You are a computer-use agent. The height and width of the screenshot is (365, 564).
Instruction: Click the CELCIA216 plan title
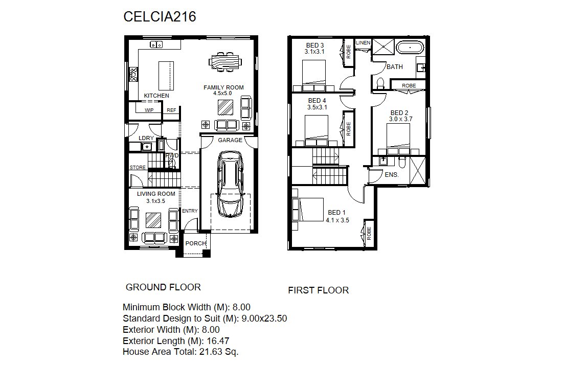click(x=160, y=17)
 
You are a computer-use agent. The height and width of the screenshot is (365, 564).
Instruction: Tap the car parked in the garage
click(x=230, y=184)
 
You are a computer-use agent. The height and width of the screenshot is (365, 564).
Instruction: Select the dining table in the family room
click(x=225, y=61)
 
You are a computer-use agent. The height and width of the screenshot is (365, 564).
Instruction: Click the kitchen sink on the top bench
click(x=156, y=44)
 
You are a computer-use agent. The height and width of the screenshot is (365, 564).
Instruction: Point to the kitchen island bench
click(x=166, y=76)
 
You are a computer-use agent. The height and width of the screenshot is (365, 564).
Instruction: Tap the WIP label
click(x=149, y=110)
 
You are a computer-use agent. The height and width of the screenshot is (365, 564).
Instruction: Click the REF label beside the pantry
click(x=171, y=110)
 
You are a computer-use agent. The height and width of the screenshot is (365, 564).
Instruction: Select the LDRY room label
click(x=146, y=138)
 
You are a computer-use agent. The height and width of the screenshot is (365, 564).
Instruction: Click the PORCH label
click(x=196, y=243)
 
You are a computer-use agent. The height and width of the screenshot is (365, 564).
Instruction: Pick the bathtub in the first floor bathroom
click(x=410, y=48)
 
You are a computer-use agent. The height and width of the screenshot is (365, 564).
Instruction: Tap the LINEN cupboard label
click(x=363, y=43)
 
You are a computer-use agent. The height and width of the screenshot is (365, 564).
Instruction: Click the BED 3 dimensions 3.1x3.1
click(x=314, y=52)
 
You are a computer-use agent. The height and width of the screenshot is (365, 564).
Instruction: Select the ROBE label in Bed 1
click(x=369, y=234)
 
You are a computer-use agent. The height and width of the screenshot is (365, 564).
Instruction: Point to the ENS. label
click(x=392, y=175)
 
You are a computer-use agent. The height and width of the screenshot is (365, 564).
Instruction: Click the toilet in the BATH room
click(x=380, y=83)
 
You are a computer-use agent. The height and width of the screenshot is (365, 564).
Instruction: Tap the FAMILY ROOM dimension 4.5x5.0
click(x=222, y=93)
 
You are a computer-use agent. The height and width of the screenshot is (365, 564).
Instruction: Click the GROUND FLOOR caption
click(x=163, y=287)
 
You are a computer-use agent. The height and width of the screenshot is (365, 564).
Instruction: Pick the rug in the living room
click(x=153, y=220)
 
